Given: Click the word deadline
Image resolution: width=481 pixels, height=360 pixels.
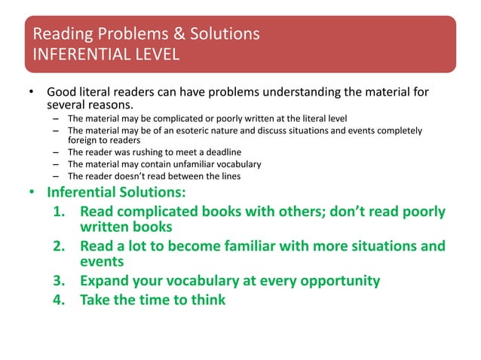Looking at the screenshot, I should [x=220, y=153].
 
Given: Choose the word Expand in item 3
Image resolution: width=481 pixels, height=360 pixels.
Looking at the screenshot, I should [x=106, y=282].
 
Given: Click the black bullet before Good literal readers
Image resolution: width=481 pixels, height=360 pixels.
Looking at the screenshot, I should [x=32, y=93].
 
